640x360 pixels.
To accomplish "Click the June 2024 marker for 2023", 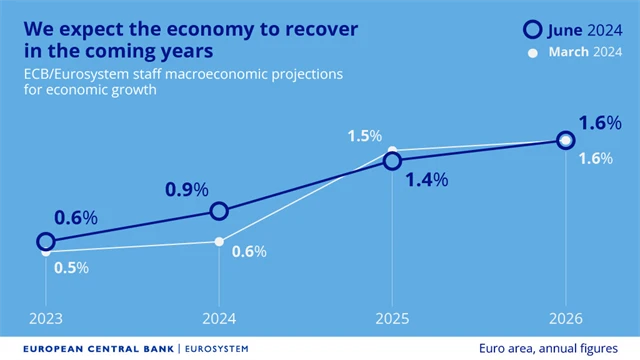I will pyautogui.click(x=45, y=241).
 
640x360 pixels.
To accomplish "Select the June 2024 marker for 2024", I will pyautogui.click(x=219, y=211).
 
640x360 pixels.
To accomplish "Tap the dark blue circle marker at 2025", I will pyautogui.click(x=392, y=160).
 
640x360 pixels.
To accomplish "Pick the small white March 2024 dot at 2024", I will pyautogui.click(x=219, y=241).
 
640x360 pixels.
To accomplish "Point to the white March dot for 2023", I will pyautogui.click(x=45, y=253).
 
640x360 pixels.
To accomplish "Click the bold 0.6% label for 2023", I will pyautogui.click(x=76, y=217).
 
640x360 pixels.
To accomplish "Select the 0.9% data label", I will pyautogui.click(x=187, y=188).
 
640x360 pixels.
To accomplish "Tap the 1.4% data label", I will pyautogui.click(x=427, y=180).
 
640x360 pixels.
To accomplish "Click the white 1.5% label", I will pyautogui.click(x=364, y=135).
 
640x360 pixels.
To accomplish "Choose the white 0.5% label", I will pyautogui.click(x=71, y=267).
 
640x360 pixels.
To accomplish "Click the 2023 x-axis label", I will pyautogui.click(x=45, y=320).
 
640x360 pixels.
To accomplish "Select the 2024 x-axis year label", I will pyautogui.click(x=219, y=320).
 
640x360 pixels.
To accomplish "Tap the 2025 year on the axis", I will pyautogui.click(x=392, y=320).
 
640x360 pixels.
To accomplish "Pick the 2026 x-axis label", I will pyautogui.click(x=565, y=320).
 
